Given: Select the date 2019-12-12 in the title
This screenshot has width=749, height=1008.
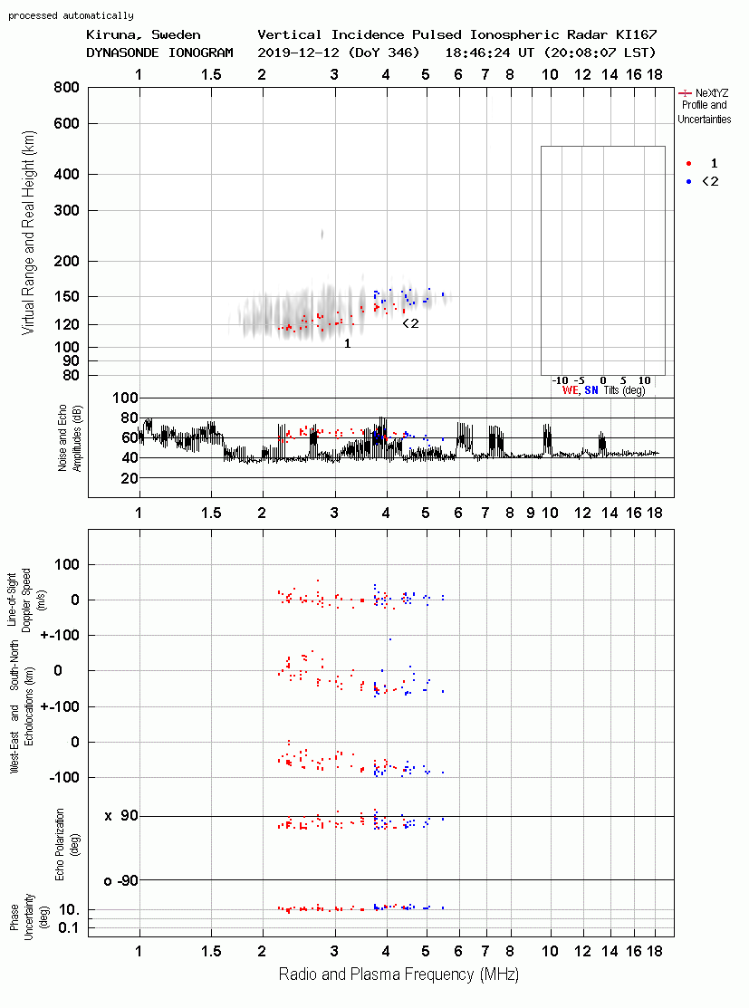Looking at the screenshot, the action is pyautogui.click(x=299, y=53).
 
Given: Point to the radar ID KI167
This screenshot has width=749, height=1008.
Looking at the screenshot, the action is pyautogui.click(x=637, y=34).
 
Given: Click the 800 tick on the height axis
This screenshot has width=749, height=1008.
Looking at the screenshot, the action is pyautogui.click(x=66, y=88).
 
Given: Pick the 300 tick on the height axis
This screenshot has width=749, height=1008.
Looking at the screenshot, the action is pyautogui.click(x=66, y=210).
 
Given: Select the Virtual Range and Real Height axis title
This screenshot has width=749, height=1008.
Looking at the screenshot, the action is pyautogui.click(x=28, y=233).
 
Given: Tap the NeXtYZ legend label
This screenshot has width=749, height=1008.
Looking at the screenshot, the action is pyautogui.click(x=712, y=93).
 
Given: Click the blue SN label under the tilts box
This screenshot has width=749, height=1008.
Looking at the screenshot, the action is pyautogui.click(x=591, y=390).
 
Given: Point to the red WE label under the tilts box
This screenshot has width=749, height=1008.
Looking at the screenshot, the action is pyautogui.click(x=571, y=390).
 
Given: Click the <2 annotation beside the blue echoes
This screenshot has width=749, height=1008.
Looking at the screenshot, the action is pyautogui.click(x=410, y=323).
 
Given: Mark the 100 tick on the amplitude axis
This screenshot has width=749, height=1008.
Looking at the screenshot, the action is pyautogui.click(x=125, y=398).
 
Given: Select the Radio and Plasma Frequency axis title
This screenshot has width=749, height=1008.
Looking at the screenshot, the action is pyautogui.click(x=399, y=974).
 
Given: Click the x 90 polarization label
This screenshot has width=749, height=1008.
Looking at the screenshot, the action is pyautogui.click(x=120, y=816).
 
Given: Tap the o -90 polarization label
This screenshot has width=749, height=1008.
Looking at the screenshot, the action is pyautogui.click(x=120, y=880).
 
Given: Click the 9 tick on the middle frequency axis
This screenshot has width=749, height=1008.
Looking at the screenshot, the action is pyautogui.click(x=531, y=513).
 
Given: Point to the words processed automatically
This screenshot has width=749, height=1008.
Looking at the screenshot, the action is pyautogui.click(x=71, y=15).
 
